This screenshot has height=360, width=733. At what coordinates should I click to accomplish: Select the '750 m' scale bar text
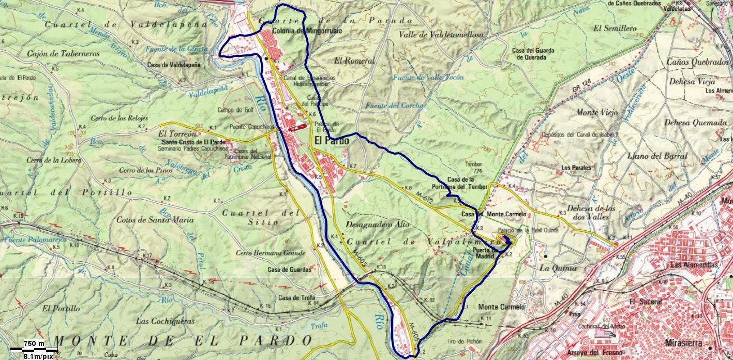pos(34,344)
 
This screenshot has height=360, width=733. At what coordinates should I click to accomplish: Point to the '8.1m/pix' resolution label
pos(38,356)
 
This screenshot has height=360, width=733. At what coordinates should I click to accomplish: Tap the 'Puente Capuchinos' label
pos(252,127)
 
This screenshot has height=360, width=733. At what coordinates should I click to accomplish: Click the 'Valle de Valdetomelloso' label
pos(441,35)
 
